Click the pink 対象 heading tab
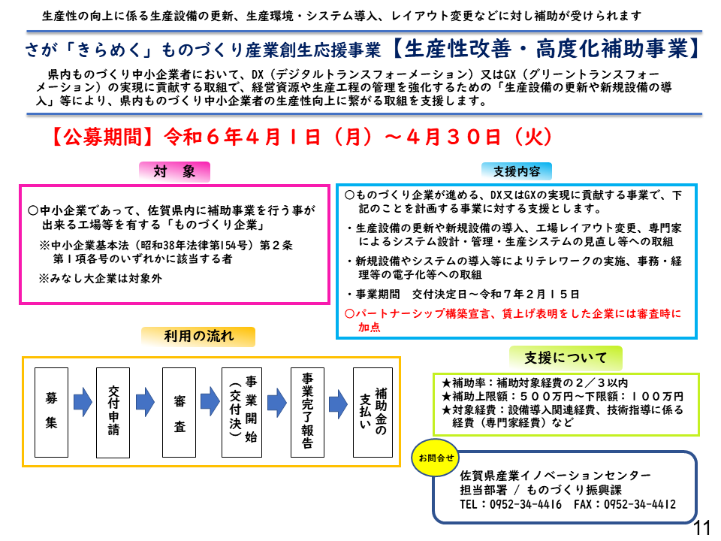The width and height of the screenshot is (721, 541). click(174, 171)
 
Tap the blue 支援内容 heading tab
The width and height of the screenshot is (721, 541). click(517, 171)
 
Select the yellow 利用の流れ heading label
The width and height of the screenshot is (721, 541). click(198, 337)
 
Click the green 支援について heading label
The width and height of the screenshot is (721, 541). click(566, 358)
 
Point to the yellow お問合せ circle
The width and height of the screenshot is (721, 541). click(436, 458)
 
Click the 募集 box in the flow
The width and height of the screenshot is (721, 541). click(52, 413)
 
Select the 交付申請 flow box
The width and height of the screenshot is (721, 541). click(113, 413)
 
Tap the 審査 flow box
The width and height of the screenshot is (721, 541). click(179, 413)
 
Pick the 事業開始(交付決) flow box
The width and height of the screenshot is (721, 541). click(242, 413)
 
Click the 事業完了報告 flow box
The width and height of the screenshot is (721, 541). click(308, 413)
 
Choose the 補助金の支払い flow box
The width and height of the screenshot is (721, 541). click(373, 413)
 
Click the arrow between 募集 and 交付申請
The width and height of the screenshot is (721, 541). click(83, 402)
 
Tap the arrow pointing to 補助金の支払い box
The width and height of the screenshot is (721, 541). click(339, 404)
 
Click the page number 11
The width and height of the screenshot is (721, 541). click(702, 527)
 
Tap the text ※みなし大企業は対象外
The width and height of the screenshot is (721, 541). click(100, 278)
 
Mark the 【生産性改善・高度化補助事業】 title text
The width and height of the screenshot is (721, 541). click(548, 49)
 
